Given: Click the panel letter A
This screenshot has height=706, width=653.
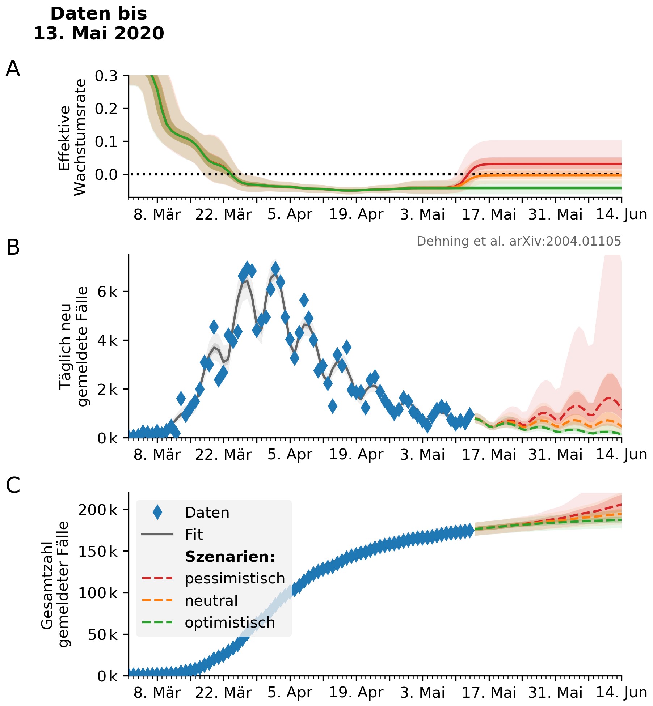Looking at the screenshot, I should (x=13, y=68).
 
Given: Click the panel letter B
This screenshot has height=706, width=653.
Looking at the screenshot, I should (x=13, y=248).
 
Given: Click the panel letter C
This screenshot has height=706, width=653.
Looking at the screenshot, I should (x=13, y=485).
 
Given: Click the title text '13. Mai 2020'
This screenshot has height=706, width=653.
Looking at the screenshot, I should (x=98, y=33).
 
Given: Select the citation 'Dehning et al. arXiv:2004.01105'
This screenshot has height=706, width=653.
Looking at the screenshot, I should (x=518, y=241).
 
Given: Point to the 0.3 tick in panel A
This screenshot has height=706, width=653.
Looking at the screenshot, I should (x=106, y=76).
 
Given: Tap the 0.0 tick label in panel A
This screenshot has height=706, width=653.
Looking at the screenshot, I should (x=106, y=175).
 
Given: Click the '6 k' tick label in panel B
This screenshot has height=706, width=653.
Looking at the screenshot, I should (x=108, y=292).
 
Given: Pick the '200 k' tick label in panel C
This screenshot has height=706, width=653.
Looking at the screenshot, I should (x=98, y=510).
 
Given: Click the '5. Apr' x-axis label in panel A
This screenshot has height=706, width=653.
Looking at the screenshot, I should (x=290, y=214).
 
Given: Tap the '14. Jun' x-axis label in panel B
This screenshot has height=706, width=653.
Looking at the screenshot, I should (x=621, y=455).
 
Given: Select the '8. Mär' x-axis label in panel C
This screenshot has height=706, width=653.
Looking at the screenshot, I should (x=157, y=693).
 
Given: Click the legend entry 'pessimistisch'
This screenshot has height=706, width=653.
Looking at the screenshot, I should (x=235, y=578).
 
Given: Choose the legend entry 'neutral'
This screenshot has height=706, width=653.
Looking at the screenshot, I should (x=211, y=601).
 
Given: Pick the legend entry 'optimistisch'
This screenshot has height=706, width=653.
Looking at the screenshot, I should (x=230, y=622).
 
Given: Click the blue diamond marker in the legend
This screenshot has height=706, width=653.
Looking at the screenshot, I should (x=157, y=513).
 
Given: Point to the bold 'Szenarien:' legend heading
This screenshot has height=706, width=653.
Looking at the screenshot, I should (x=230, y=557).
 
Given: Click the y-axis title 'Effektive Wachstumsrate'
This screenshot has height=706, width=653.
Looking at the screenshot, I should (x=72, y=137).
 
